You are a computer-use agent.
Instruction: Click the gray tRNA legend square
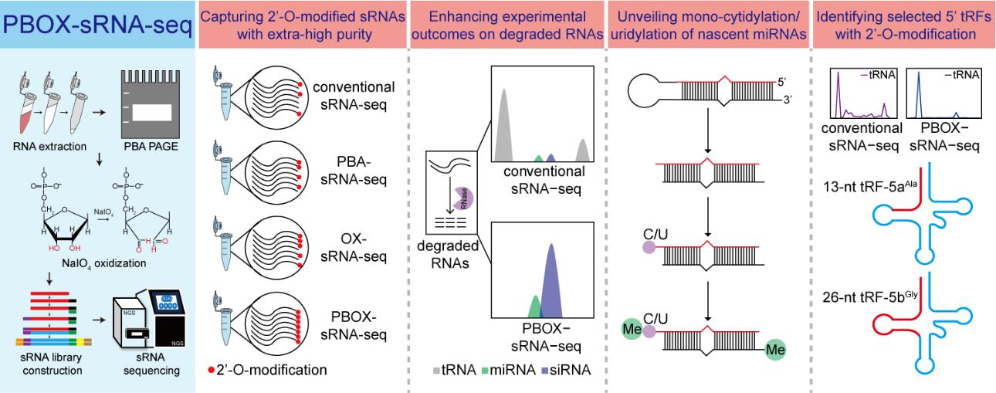click(438, 370)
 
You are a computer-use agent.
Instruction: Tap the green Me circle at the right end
click(777, 351)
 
